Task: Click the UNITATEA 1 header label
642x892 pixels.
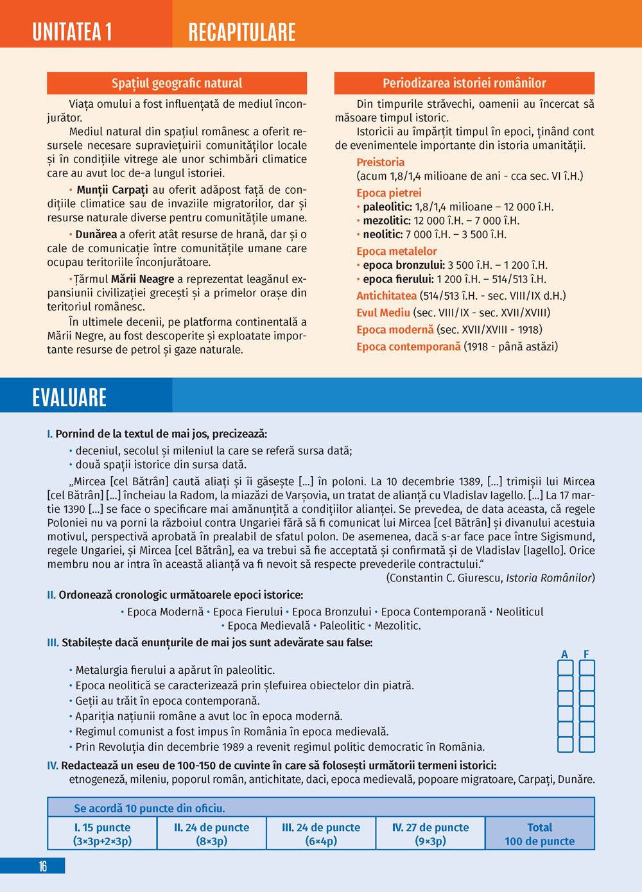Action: [73, 31]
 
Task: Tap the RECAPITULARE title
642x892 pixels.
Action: [242, 32]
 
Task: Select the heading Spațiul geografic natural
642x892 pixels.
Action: [177, 83]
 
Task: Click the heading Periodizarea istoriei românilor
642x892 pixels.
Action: [464, 83]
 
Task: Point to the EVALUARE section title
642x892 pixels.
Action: [69, 398]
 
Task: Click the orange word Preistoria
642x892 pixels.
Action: [381, 162]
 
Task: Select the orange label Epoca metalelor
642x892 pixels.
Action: [397, 252]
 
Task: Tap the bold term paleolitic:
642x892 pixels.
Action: [387, 207]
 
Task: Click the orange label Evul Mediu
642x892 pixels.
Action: [383, 313]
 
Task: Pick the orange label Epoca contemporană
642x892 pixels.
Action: [408, 347]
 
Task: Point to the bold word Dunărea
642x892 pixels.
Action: [96, 234]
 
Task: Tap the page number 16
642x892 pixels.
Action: [42, 866]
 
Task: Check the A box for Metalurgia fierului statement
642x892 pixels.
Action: [565, 668]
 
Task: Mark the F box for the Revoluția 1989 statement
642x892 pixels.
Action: [587, 745]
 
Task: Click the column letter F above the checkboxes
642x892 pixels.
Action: [586, 655]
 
